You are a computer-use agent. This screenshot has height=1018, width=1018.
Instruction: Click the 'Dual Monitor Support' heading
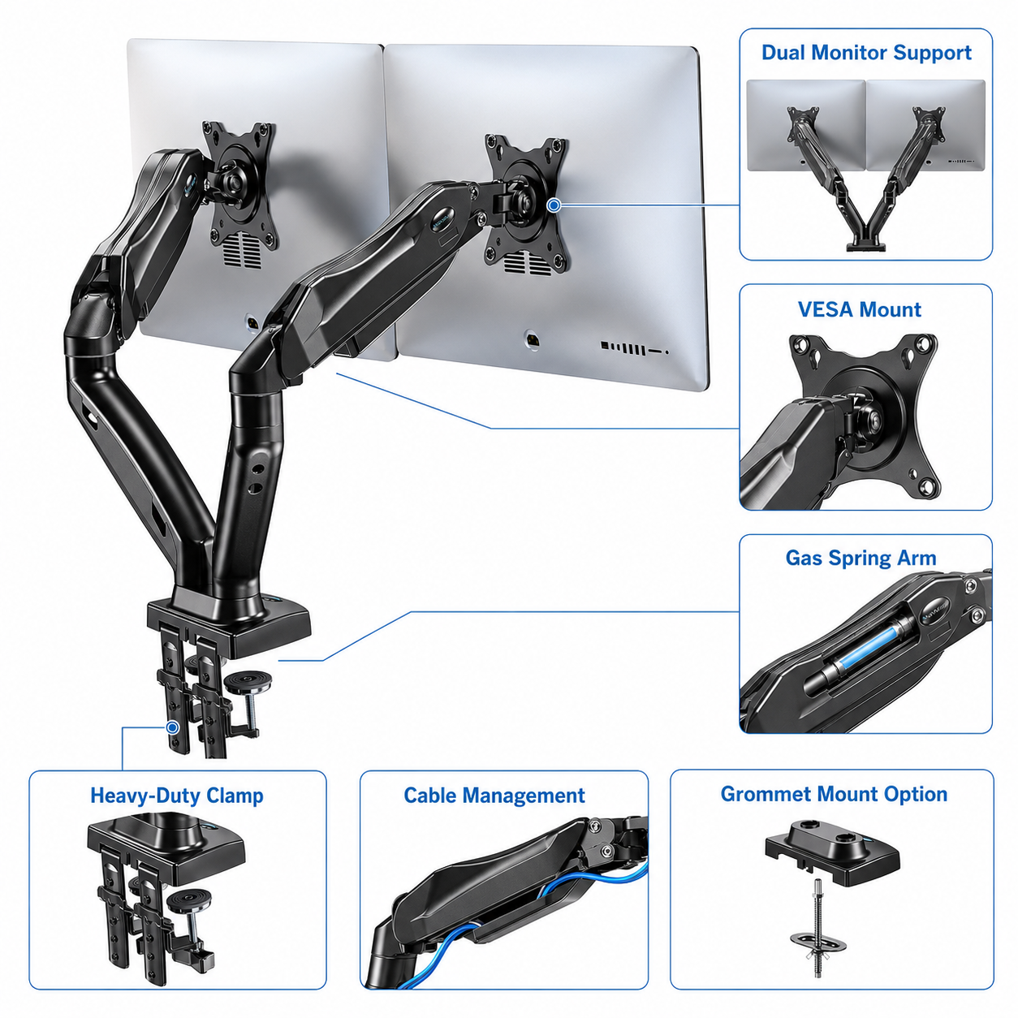(866, 53)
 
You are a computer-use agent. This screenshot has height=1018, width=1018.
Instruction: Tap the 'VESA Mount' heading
(860, 309)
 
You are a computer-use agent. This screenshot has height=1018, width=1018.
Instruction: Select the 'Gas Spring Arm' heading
(861, 559)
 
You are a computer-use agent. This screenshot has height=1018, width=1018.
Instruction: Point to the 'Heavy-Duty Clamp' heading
(176, 796)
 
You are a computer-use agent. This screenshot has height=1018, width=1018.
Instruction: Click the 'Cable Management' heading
(494, 796)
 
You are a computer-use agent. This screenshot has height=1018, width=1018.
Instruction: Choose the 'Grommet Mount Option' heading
(834, 795)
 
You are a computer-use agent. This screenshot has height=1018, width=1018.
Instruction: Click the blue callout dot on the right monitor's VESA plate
(554, 205)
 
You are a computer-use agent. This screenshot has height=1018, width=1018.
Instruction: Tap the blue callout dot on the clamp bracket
(172, 727)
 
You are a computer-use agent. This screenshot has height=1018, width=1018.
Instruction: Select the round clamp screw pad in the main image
(248, 682)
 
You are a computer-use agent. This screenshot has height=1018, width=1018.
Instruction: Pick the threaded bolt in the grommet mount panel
(818, 930)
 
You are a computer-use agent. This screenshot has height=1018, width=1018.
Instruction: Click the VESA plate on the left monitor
(241, 188)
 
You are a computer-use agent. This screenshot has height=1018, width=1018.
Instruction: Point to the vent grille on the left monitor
(243, 248)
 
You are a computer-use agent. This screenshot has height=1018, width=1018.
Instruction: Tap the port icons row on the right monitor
(635, 348)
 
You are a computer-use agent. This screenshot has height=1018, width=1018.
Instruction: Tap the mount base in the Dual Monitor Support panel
(866, 246)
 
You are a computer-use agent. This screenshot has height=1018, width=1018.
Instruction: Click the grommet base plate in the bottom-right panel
(833, 851)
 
